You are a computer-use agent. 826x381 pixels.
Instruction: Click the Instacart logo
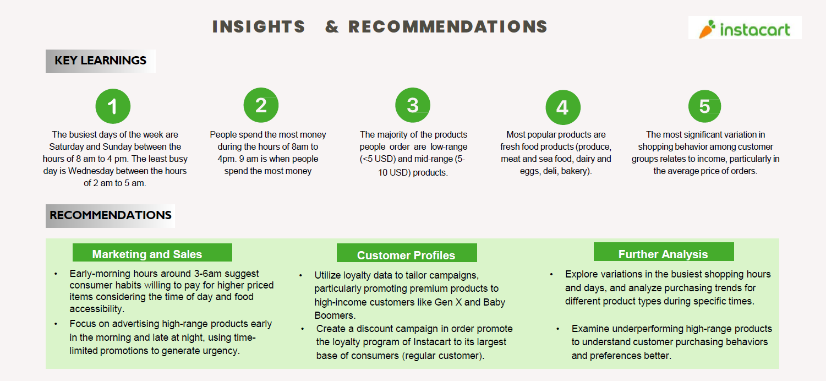(x=745, y=28)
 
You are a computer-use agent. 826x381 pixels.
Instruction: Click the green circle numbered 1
(x=113, y=106)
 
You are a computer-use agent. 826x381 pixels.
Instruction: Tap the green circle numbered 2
(x=261, y=105)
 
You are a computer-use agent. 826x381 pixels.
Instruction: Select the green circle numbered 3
(x=413, y=105)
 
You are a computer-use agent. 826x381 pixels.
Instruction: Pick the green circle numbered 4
(x=563, y=107)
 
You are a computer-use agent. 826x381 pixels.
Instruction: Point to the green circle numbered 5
(x=705, y=106)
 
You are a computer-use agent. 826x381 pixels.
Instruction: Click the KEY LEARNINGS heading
(x=101, y=61)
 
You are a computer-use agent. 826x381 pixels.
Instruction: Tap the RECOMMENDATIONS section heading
(x=110, y=216)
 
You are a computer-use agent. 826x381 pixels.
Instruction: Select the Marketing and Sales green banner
(x=152, y=253)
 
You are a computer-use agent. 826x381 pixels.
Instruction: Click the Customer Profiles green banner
(x=407, y=253)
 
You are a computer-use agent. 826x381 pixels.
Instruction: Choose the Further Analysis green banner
(x=664, y=252)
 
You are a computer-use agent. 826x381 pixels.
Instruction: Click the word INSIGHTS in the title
(x=259, y=27)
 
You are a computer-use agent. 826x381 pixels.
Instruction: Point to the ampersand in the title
(x=332, y=27)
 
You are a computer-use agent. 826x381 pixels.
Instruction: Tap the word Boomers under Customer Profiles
(x=334, y=315)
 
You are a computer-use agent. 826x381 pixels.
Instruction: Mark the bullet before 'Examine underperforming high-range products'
(x=558, y=329)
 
